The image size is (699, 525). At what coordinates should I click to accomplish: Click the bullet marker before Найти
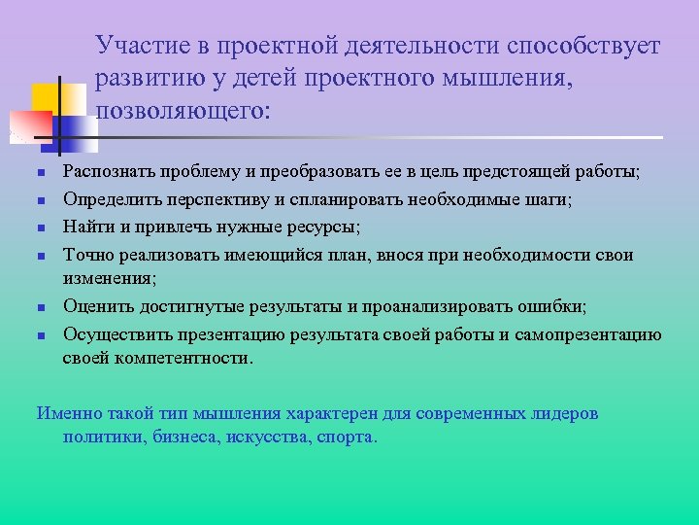pyautogui.click(x=42, y=228)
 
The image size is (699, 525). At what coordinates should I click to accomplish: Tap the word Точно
pyautogui.click(x=85, y=255)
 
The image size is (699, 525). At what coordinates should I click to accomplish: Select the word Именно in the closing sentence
pyautogui.click(x=67, y=412)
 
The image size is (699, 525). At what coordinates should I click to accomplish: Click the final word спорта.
pyautogui.click(x=345, y=437)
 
